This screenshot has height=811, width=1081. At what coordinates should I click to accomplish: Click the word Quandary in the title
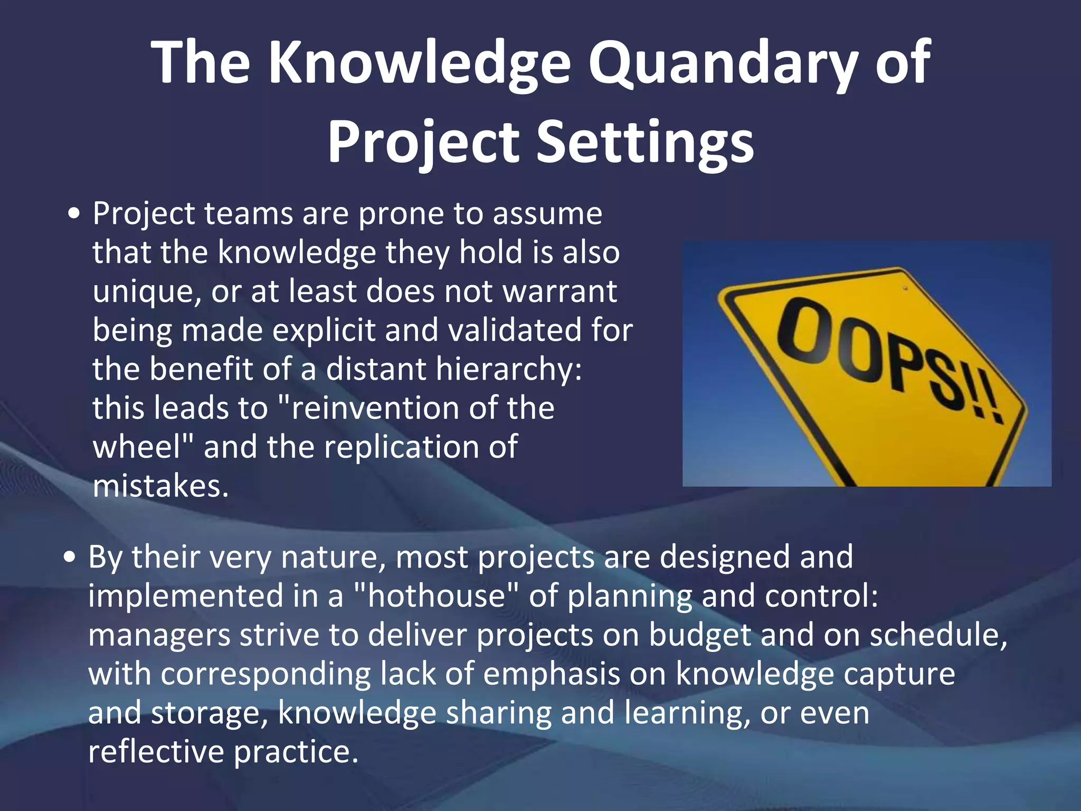point(723,63)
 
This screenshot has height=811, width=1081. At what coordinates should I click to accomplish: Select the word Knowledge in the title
point(420,63)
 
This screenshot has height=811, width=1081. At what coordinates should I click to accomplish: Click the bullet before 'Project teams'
point(75,215)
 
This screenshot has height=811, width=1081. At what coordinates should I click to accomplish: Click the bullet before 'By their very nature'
point(70,558)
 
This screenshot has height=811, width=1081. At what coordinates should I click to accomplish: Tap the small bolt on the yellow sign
point(905,288)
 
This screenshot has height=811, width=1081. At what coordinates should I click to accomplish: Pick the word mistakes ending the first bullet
point(160,486)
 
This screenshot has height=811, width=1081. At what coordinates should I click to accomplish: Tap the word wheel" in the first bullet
point(144,447)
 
